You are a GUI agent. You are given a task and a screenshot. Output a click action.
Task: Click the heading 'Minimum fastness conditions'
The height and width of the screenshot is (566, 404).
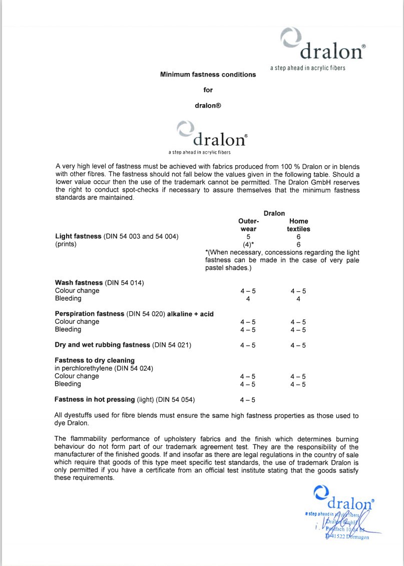pos(208,75)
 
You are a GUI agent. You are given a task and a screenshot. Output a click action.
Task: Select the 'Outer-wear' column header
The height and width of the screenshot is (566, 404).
pos(248,225)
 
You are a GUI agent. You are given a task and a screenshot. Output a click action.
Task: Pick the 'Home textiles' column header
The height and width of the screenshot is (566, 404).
pos(298,225)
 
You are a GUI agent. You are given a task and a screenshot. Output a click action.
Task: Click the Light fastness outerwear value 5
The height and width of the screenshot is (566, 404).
pos(248,237)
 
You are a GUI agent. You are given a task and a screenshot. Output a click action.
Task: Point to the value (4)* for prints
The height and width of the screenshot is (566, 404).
pos(248,245)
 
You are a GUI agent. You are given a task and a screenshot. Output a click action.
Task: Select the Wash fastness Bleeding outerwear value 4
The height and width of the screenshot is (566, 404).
pos(248,299)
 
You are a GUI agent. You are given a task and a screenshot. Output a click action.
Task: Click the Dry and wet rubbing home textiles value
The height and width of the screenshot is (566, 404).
pos(298,345)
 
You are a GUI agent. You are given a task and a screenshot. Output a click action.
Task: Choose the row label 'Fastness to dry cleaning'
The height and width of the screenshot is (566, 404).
pos(95,360)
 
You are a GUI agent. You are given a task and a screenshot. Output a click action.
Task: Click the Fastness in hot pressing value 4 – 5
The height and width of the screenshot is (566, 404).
pos(248,400)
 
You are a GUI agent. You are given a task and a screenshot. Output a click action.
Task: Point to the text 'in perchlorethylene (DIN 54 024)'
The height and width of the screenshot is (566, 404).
pos(104,368)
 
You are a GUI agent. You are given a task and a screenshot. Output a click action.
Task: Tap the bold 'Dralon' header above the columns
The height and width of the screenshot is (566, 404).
pos(274,213)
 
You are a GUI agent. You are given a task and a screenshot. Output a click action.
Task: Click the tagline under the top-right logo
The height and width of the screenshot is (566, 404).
pos(307,68)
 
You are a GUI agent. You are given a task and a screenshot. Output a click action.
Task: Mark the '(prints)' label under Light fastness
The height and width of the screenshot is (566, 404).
pos(66,245)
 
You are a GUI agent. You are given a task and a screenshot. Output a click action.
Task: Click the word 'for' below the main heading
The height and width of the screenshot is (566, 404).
pos(208,90)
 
